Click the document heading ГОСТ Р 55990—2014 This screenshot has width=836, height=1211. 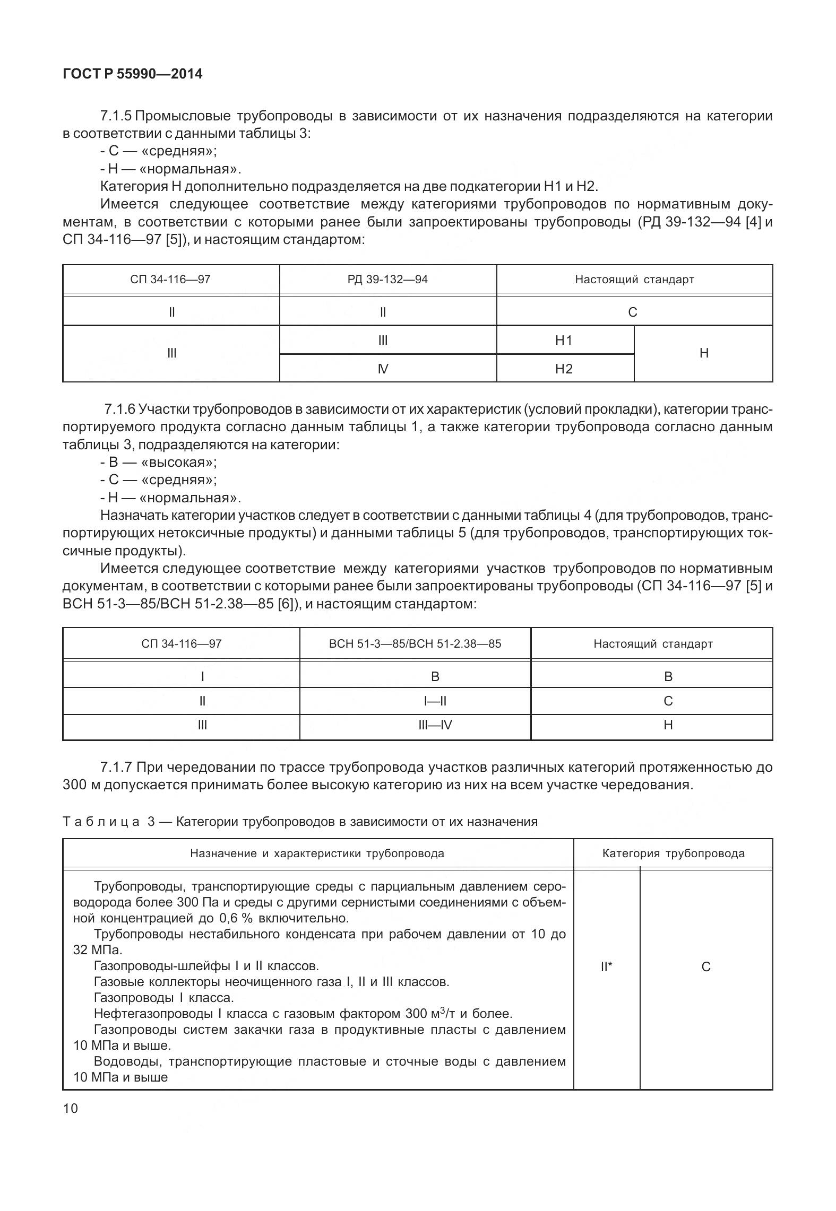132,74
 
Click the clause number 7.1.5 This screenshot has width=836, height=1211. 116,116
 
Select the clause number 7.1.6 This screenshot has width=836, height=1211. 120,409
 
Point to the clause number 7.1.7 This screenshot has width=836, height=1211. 116,767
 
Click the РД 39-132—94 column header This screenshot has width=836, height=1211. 387,279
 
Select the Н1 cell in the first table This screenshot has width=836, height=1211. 564,340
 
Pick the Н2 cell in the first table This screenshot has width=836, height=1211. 564,369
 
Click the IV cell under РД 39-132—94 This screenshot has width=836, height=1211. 383,369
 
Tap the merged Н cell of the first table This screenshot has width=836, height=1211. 704,353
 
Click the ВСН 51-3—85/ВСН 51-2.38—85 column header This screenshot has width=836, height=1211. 415,644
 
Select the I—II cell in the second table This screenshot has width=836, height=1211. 435,701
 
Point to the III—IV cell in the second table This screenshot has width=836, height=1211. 435,725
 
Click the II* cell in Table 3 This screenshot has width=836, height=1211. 606,966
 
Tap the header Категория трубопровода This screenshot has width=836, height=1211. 673,853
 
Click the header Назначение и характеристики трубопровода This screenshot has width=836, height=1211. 317,853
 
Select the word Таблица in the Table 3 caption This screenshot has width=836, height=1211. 101,822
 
